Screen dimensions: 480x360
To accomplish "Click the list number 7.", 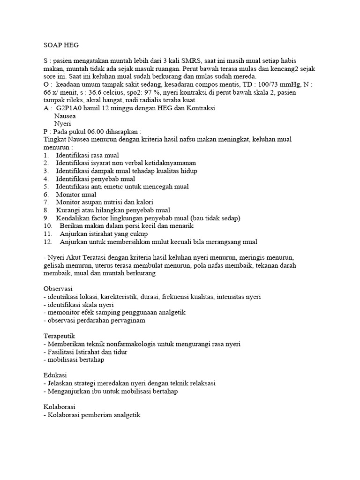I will (46, 202).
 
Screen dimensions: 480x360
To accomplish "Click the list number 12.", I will (47, 242).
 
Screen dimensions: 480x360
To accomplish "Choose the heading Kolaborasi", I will (59, 406).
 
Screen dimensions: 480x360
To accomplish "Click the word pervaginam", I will (138, 321).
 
